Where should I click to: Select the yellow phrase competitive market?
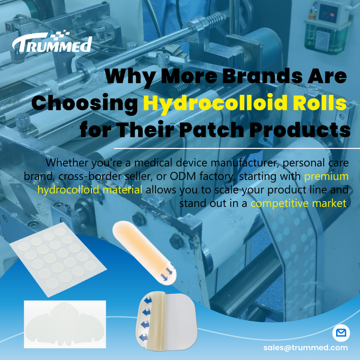tap(299, 202)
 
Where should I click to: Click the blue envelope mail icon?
tap(341, 333)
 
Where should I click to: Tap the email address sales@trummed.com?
tap(306, 347)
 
